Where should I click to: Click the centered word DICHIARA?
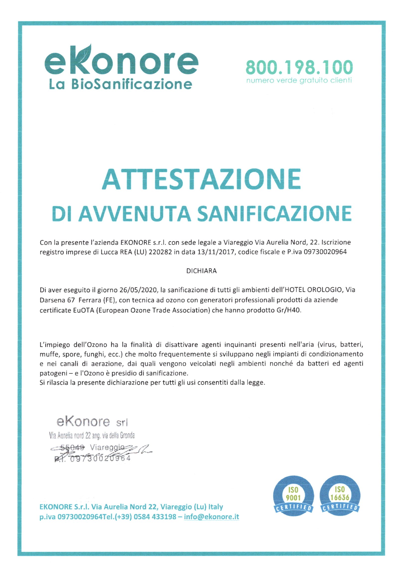[202, 271]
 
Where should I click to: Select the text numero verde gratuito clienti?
[299, 81]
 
